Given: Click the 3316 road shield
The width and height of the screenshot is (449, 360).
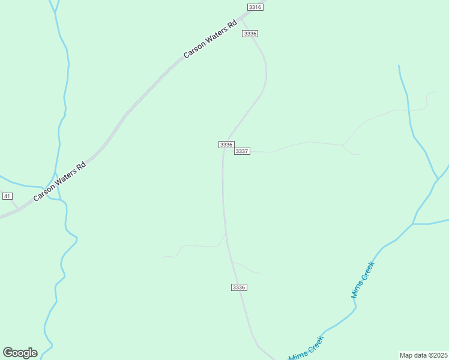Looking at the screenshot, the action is click(x=255, y=7).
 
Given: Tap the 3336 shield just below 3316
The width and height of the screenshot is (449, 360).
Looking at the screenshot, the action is click(x=250, y=34).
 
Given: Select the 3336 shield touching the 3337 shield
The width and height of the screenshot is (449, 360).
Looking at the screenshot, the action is click(x=226, y=145).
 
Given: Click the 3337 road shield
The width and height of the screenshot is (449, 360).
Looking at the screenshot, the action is click(x=242, y=151).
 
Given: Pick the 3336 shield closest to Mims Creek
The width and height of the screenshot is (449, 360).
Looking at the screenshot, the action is click(x=239, y=287).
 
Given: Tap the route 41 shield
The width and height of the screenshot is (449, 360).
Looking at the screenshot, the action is click(x=7, y=196).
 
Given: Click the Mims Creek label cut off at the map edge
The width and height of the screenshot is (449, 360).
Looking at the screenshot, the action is click(x=307, y=349).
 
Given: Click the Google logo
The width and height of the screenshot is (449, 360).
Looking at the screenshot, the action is click(x=20, y=353).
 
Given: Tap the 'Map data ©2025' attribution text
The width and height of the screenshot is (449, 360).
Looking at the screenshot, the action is click(x=424, y=355).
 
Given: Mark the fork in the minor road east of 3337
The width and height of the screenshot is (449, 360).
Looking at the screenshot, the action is click(x=342, y=145).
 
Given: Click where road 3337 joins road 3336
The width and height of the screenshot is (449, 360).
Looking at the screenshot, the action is click(x=224, y=151).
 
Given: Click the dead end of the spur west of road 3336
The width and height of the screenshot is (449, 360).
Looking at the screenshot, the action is click(x=164, y=257).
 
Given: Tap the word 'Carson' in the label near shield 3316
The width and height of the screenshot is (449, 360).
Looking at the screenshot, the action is click(x=195, y=47).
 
